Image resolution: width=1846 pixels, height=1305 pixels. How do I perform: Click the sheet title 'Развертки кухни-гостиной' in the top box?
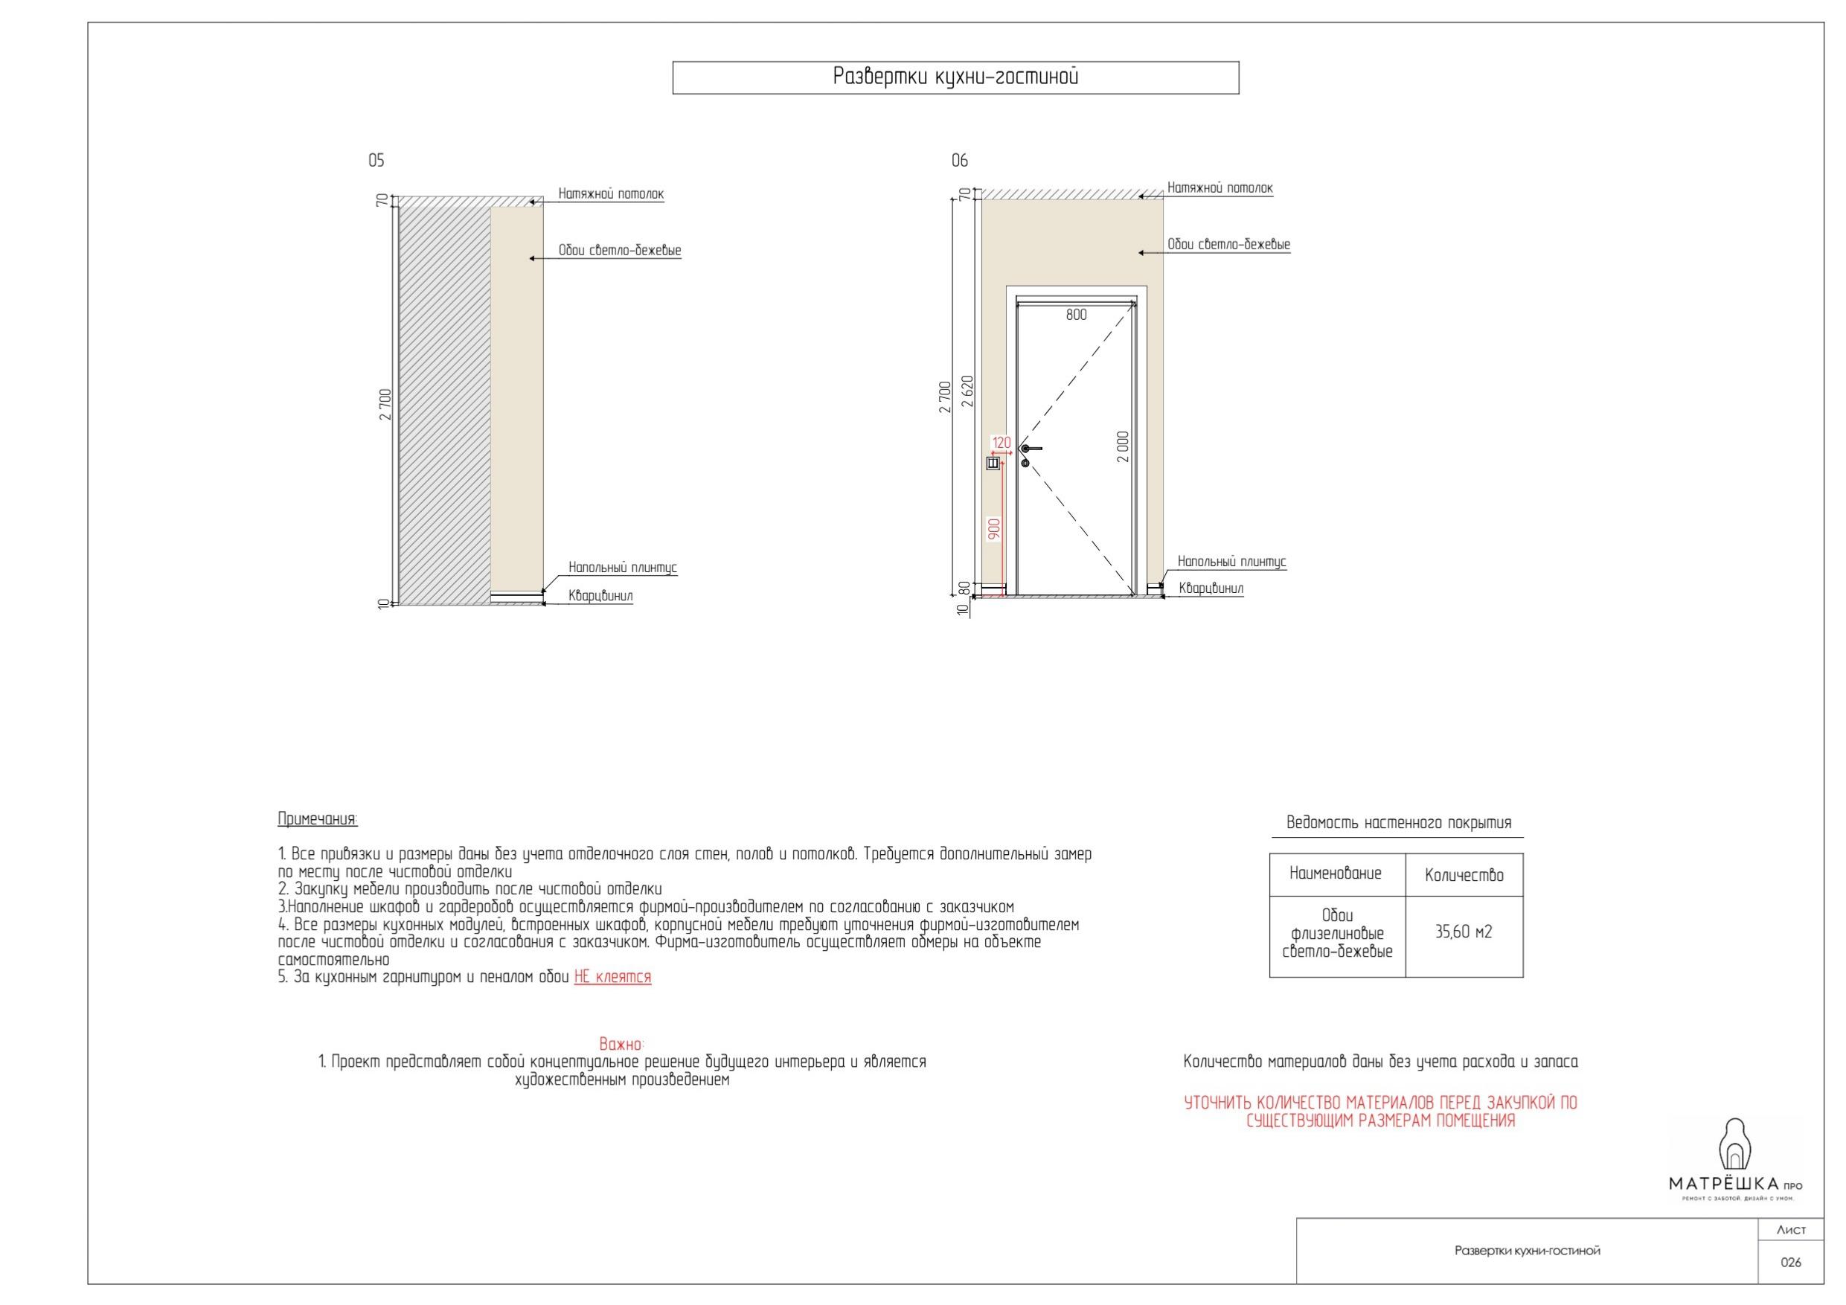[955, 77]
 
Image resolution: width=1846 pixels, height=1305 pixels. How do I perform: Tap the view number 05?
[376, 161]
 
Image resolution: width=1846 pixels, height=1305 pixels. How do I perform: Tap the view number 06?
[960, 161]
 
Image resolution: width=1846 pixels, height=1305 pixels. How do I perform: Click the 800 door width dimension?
[1076, 315]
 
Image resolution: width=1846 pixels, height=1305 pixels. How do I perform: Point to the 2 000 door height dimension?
[1124, 447]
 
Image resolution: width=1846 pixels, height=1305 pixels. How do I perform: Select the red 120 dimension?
[1001, 443]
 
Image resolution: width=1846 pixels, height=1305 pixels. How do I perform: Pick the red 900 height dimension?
[995, 528]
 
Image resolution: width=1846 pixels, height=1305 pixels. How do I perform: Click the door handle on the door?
[1030, 449]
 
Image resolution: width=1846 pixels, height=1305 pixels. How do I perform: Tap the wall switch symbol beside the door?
[994, 463]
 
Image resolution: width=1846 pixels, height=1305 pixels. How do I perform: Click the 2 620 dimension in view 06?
[967, 391]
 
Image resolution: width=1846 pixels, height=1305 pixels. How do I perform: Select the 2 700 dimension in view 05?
[385, 405]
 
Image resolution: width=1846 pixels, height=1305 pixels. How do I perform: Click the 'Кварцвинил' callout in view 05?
[600, 596]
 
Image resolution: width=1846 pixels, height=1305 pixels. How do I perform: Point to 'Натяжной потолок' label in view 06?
[1220, 188]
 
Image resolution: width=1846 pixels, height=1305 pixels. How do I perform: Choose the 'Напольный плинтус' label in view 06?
[1231, 562]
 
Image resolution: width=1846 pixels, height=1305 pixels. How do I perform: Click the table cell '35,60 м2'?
[1464, 932]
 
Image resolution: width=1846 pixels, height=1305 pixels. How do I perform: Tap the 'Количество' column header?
[1464, 875]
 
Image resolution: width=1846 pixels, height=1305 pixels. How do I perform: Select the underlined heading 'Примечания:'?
[318, 819]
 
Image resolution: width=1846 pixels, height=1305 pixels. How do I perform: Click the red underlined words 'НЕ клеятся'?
[612, 977]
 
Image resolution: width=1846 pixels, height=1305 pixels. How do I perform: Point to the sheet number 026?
[1790, 1263]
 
